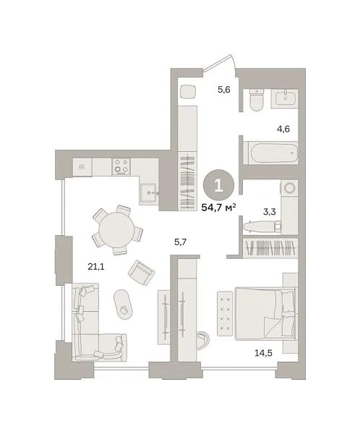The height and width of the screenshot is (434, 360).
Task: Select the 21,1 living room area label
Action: pos(96,266)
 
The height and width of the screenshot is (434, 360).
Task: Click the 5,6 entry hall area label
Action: pos(224,90)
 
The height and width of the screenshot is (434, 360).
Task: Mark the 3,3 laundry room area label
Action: pos(269,212)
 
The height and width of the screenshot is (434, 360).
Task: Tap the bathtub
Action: pos(272,153)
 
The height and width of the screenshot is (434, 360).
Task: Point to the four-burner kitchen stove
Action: pos(121,166)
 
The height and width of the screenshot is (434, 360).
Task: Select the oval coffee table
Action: pos(124,302)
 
